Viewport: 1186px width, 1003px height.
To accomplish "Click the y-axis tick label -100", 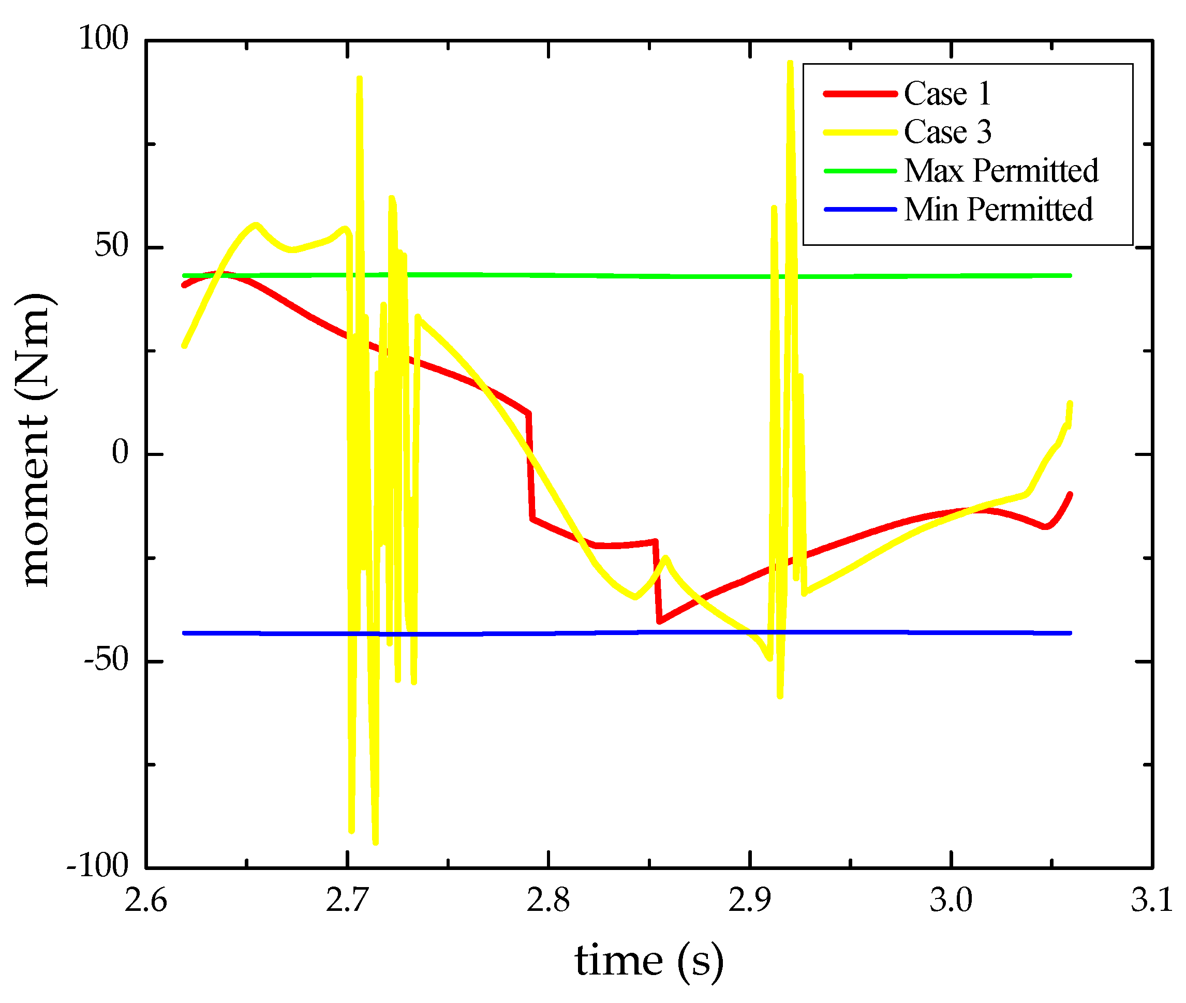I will (98, 866).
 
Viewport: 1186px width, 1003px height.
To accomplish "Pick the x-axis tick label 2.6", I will (145, 901).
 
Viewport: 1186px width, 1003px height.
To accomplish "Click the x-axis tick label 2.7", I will (347, 901).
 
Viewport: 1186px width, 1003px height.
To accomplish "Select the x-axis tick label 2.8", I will (547, 901).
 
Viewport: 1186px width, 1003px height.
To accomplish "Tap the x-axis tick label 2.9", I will (749, 901).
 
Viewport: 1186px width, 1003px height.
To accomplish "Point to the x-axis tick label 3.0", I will (950, 901).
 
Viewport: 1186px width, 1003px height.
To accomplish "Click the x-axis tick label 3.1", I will (1151, 901).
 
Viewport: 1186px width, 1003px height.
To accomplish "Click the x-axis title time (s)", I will (649, 962).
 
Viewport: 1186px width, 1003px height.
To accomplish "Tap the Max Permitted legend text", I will (1001, 171).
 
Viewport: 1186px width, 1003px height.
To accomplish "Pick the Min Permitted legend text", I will (998, 209).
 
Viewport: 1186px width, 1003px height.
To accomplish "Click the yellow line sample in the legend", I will (859, 132).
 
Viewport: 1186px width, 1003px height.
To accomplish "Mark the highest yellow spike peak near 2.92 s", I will (790, 63).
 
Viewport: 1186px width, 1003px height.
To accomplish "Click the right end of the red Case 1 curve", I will (1070, 494).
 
